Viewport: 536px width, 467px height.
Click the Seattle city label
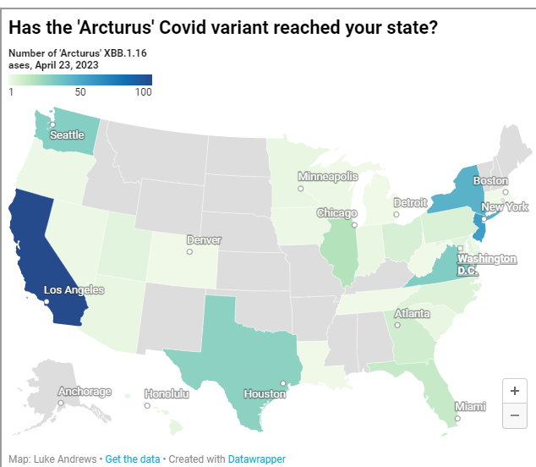pos(67,135)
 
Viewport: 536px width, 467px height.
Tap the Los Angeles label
pos(74,290)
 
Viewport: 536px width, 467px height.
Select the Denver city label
pos(203,240)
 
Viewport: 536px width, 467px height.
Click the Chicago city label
pos(336,213)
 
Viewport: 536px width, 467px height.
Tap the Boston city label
pos(490,181)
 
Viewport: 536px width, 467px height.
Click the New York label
pos(505,207)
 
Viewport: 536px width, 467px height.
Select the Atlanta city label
pos(412,313)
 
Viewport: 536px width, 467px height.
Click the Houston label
pos(265,393)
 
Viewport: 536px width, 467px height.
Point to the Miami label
pos(470,406)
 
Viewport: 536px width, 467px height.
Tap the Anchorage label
pos(85,392)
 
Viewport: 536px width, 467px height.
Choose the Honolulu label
pos(166,393)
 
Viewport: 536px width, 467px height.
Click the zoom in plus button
pos(514,391)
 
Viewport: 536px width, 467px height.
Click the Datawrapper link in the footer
pos(256,459)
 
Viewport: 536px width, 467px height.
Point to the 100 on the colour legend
pos(142,92)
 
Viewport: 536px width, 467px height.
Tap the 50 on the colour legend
pos(80,92)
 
